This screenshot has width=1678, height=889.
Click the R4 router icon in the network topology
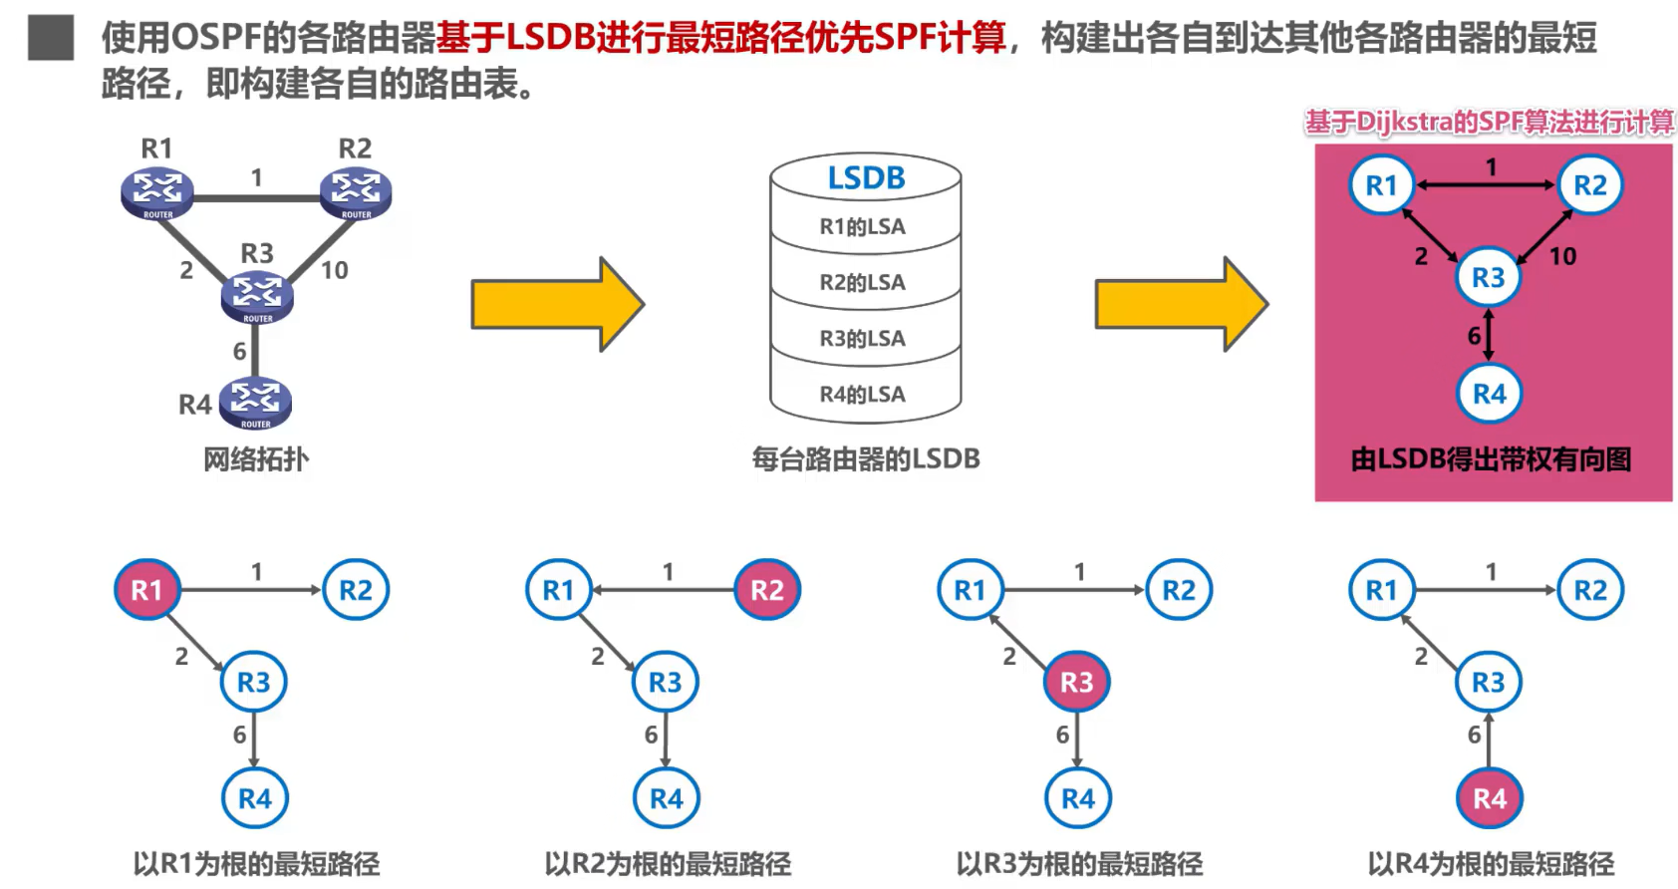255,404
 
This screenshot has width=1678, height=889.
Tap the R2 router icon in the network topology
356,192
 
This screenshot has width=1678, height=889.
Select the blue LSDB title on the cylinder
866,177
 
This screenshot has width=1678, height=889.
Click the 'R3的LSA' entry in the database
862,339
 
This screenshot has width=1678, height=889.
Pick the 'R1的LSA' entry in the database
862,226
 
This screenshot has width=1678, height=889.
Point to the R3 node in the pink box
1489,278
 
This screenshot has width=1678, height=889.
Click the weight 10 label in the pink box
1562,257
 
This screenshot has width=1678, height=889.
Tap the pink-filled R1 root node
147,590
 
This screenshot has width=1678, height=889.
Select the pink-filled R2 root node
767,590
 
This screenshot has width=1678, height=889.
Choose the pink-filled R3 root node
1077,682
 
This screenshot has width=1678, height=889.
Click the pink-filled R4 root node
1490,798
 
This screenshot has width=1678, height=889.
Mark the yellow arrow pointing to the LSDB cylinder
557,304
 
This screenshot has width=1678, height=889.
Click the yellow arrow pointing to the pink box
1182,304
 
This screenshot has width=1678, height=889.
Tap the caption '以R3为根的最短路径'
1079,864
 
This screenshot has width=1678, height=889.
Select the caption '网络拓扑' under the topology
255,459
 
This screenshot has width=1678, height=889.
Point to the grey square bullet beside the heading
51,38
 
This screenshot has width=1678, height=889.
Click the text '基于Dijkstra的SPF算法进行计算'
1489,122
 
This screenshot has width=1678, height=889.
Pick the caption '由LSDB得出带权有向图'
1491,459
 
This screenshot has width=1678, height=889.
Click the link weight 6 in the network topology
240,351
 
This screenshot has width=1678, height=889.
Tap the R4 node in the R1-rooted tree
255,798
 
